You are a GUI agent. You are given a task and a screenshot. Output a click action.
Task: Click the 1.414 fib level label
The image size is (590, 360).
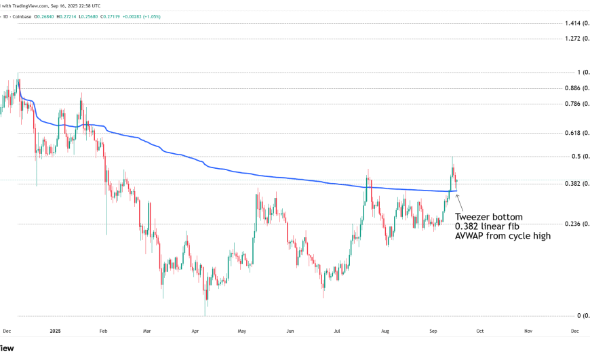coord(574,24)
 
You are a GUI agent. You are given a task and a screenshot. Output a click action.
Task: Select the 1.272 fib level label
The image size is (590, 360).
coord(574,39)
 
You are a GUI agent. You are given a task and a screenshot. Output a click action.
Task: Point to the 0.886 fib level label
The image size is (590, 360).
coord(574,88)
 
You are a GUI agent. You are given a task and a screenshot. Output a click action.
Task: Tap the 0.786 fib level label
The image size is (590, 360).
coord(574,104)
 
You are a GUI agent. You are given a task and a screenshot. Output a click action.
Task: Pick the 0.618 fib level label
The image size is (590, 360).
coord(574,134)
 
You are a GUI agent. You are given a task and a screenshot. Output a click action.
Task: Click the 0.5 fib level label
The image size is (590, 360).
coord(573,157)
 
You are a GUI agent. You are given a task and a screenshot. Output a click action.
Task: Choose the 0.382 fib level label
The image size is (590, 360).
coord(574,184)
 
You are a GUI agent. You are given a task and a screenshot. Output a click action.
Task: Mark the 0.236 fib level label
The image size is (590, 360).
coord(574,224)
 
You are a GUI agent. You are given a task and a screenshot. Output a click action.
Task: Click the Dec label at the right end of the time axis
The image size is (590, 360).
coord(574,332)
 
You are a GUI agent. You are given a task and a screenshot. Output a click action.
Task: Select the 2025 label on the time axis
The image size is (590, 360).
coord(56,332)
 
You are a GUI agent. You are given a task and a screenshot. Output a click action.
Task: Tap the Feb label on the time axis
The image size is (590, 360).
coord(104,332)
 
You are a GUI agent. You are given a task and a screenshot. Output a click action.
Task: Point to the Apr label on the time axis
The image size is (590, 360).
coord(195,332)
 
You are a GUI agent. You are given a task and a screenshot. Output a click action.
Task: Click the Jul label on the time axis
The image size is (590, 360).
coord(337,332)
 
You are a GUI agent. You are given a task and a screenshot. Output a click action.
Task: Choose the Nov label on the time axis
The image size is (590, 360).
coord(528,332)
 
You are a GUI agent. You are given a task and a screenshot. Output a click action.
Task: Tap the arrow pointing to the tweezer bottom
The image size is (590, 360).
coord(462,201)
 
